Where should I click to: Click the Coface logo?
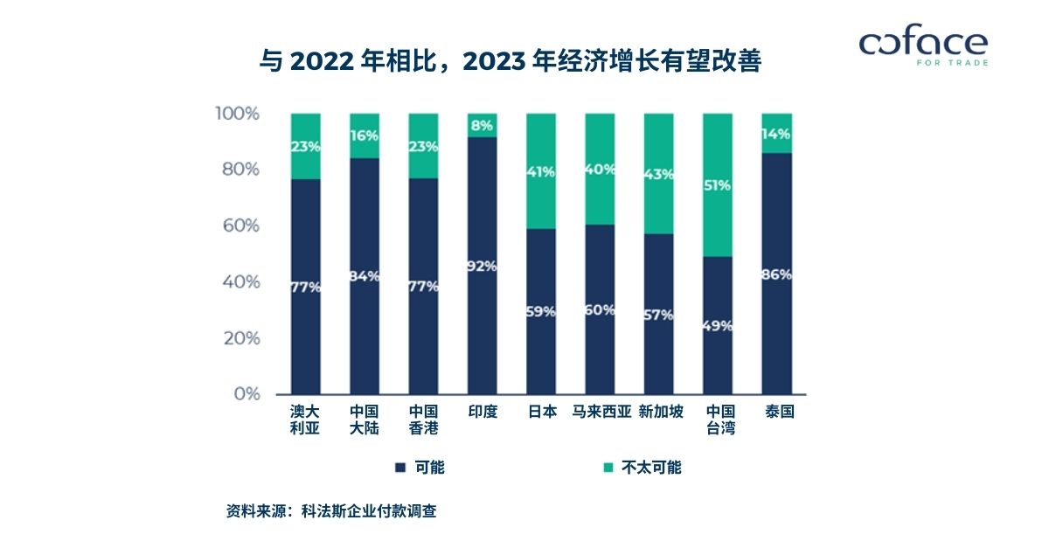click(x=923, y=46)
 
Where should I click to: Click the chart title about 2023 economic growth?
click(x=511, y=62)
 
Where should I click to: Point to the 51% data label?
click(x=719, y=185)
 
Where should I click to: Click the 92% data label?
click(x=483, y=266)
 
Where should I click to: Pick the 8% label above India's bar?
click(x=483, y=125)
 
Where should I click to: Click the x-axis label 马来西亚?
click(x=601, y=412)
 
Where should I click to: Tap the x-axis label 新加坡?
click(x=660, y=412)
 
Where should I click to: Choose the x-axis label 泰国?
click(x=778, y=412)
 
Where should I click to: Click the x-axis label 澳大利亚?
click(x=305, y=420)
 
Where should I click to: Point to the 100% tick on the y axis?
click(x=237, y=114)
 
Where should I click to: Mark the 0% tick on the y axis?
click(x=247, y=394)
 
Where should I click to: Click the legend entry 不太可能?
click(x=643, y=468)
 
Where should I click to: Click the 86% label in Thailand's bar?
click(x=777, y=274)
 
